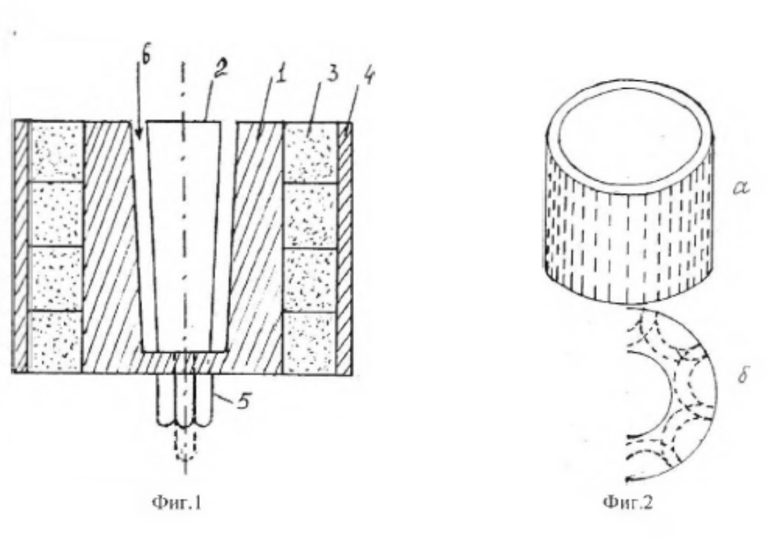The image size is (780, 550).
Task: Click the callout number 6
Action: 146,56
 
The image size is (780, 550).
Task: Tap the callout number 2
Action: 220,69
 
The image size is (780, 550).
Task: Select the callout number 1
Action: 280,75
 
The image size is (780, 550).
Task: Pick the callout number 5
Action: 244,400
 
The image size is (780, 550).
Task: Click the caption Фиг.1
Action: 177,503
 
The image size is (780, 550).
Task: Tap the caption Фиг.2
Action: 627,503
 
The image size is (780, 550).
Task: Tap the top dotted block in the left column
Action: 57,151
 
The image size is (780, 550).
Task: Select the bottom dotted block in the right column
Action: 310,343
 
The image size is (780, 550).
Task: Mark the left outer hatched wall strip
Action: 20,247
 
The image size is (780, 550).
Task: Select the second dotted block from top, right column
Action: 310,215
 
